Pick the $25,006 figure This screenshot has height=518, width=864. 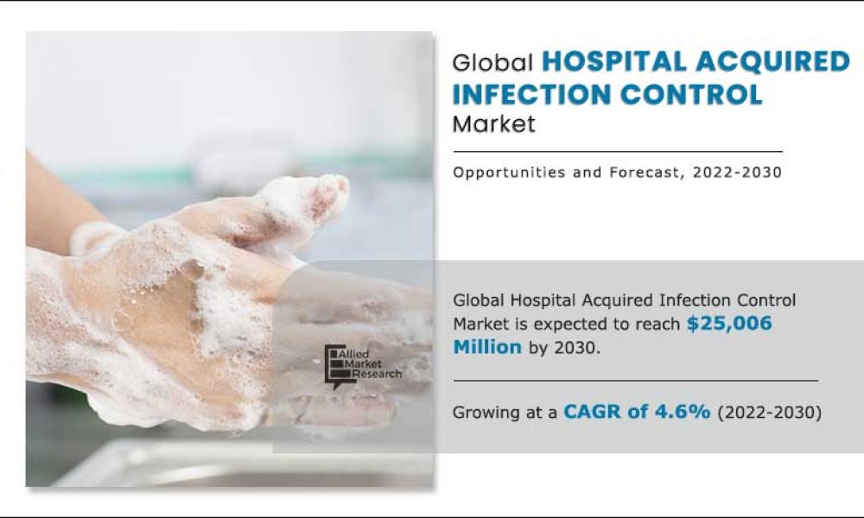coord(729,324)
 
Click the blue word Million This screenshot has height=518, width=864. coord(487,347)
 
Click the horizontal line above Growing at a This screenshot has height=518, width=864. coord(635,380)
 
